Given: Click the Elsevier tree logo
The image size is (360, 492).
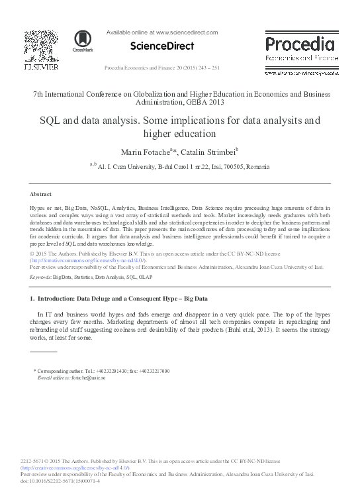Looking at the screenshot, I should coord(41,45).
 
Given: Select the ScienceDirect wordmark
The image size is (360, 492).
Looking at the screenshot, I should coord(162,46).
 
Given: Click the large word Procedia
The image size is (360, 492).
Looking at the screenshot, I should coord(300,45).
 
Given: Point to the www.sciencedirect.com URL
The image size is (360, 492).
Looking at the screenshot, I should coord(187,32).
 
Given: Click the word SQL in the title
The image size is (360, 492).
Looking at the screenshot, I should coord(50,121).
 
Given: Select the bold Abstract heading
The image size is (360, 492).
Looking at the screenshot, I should coord(41,194).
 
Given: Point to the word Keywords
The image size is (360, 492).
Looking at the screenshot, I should coord(40,277).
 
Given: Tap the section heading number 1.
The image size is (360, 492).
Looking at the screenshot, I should coord(32,299).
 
